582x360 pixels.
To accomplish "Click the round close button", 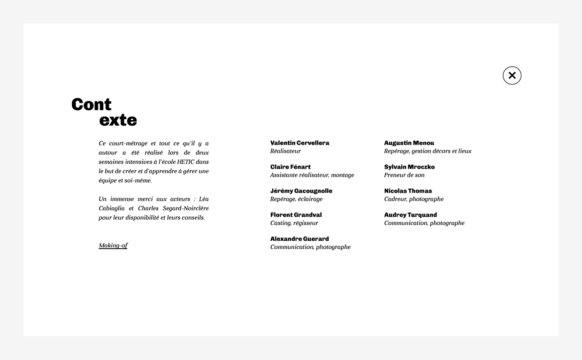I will [512, 76].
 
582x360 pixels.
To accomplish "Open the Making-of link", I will [113, 245].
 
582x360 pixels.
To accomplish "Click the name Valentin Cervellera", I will [299, 143].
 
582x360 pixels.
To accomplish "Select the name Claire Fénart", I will [290, 167].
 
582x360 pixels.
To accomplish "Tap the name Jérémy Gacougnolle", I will [301, 191].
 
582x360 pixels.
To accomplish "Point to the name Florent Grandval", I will [296, 215].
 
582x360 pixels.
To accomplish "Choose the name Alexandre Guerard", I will [299, 239].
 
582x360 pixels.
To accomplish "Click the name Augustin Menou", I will [409, 143].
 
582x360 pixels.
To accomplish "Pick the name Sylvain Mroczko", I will [409, 167].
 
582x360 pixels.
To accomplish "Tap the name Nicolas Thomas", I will [408, 191].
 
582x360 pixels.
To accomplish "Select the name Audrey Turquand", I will [410, 215].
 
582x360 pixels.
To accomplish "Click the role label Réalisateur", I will [285, 151].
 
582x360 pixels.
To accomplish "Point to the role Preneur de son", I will [404, 175].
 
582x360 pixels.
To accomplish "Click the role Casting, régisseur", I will [294, 223].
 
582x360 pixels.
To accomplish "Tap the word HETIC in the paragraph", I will [185, 162].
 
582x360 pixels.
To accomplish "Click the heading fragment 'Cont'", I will [91, 105].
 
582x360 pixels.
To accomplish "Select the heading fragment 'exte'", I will [118, 120].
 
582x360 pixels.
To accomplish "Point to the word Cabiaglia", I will [112, 208].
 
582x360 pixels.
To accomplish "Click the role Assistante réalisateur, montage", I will [312, 175].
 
